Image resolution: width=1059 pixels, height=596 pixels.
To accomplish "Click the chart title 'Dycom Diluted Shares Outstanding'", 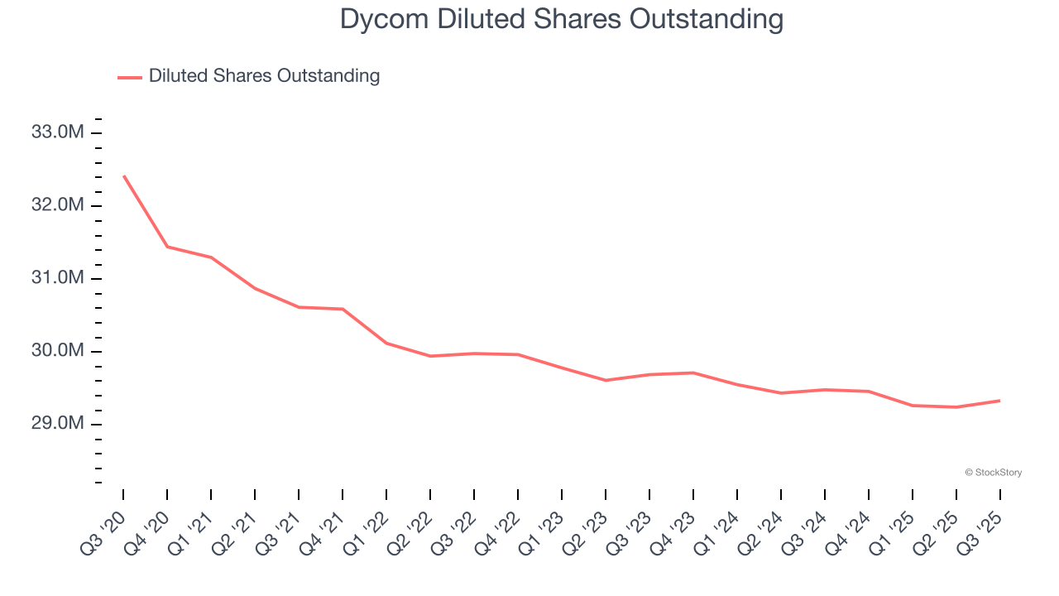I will [562, 19].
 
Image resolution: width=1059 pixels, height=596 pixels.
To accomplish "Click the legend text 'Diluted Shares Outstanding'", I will [264, 76].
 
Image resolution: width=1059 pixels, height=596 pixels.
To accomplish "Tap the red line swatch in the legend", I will [130, 77].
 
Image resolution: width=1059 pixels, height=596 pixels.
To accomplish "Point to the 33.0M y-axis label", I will [58, 132].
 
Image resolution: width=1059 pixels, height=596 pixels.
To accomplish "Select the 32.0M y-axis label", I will [58, 205].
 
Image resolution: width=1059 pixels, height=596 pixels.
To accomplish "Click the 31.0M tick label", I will [58, 278].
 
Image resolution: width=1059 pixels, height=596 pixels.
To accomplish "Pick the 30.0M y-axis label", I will [58, 351].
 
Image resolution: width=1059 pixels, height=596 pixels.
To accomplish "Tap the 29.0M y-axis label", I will [58, 424].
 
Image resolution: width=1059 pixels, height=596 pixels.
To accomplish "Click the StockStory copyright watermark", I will [993, 473].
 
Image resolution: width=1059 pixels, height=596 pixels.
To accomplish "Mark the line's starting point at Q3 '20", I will [123, 175].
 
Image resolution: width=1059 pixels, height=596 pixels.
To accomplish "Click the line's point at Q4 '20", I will [167, 247].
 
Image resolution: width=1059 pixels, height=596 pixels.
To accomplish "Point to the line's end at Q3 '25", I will [999, 401].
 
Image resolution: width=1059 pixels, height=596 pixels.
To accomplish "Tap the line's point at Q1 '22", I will [386, 343].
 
